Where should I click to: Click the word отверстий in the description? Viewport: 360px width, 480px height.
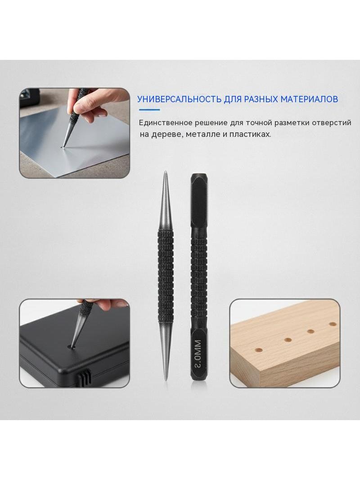pos(332,123)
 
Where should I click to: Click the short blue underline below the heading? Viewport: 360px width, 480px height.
pos(149,109)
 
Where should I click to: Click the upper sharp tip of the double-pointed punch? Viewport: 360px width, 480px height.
pos(165,172)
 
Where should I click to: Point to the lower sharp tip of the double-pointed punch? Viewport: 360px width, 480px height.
pos(166,380)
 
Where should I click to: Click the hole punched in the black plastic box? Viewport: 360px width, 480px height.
pos(72,347)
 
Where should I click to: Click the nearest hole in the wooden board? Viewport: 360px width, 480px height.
pos(258,350)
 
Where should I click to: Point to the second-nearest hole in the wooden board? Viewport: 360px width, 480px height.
pos(288,340)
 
